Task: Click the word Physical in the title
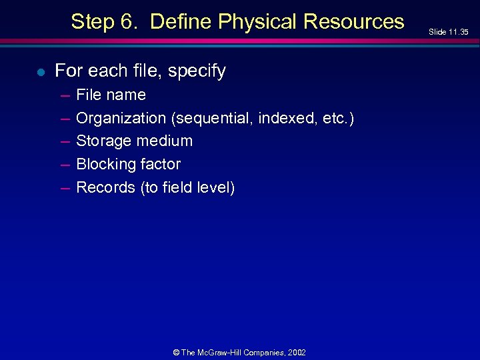(257, 22)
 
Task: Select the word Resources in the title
(353, 22)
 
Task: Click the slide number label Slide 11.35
(448, 32)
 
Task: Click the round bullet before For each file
(41, 72)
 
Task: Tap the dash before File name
(65, 95)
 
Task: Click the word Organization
(121, 119)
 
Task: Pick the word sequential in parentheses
(212, 119)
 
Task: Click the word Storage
(103, 141)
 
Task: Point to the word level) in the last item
(217, 188)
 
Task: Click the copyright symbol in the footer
(176, 352)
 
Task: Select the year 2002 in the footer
(297, 352)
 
